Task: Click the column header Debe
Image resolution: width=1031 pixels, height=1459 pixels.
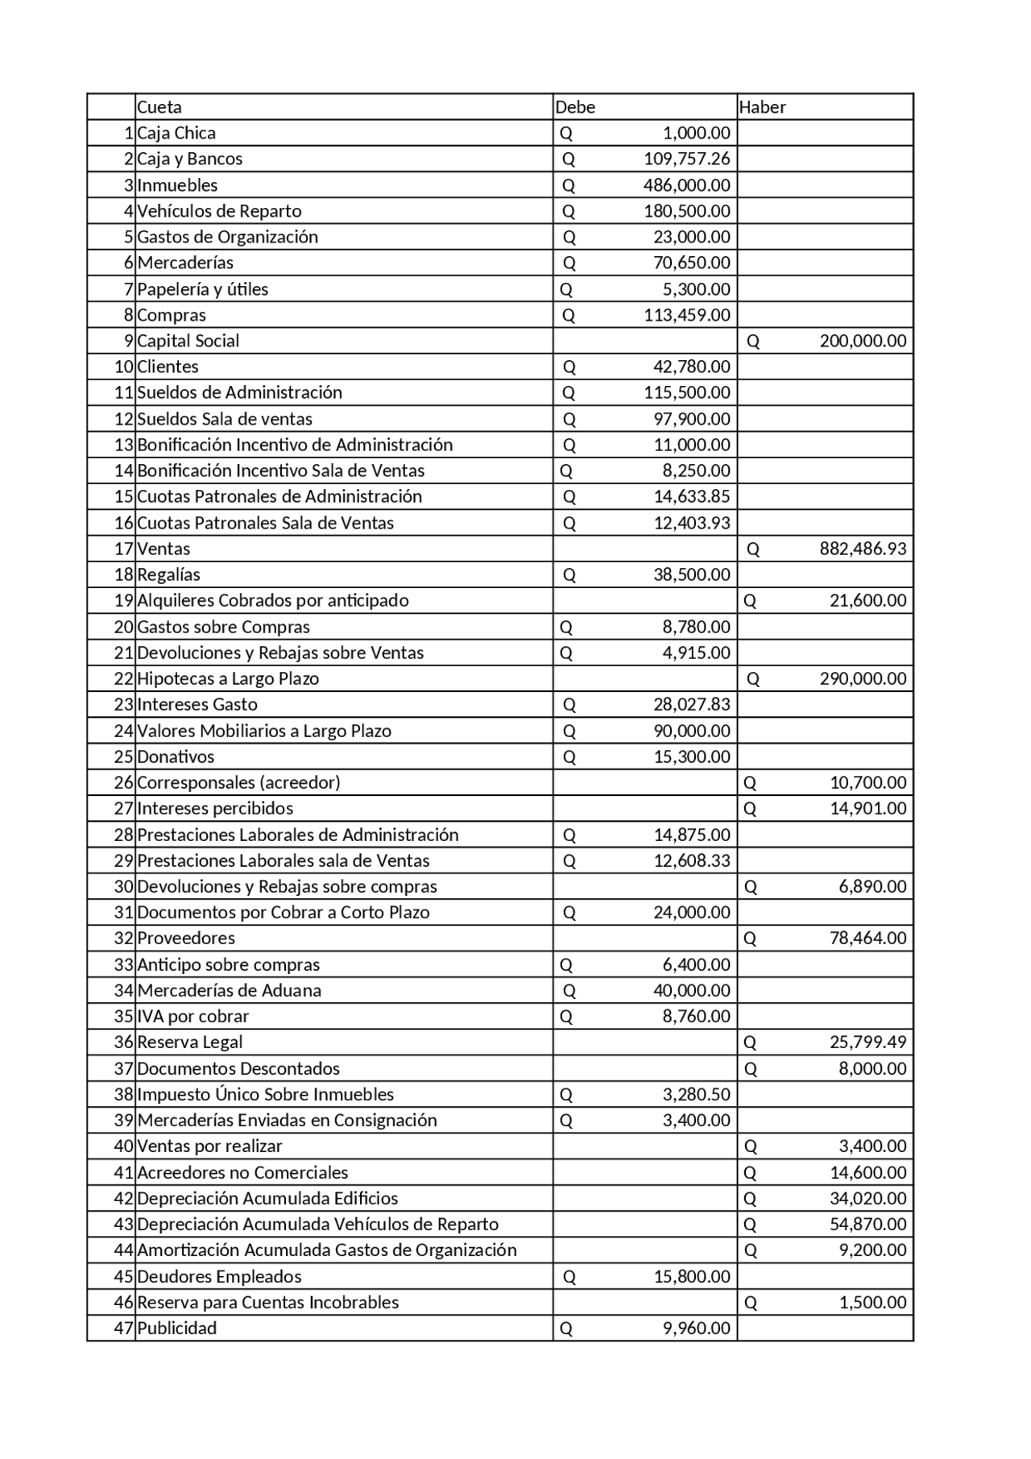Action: (x=575, y=107)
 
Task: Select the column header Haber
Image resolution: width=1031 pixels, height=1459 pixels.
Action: (x=762, y=107)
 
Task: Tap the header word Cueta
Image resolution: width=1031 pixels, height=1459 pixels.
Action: (x=159, y=107)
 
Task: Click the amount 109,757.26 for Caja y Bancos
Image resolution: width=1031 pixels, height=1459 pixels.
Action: (x=686, y=159)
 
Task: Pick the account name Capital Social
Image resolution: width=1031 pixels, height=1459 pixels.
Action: (x=188, y=341)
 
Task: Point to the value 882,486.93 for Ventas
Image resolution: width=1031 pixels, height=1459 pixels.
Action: (x=863, y=549)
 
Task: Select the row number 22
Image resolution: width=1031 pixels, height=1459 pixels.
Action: (x=123, y=678)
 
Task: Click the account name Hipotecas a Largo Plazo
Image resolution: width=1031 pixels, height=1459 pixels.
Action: (x=228, y=678)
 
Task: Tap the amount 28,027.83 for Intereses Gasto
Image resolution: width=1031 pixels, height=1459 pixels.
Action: (x=691, y=704)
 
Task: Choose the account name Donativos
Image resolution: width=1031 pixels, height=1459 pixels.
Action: (x=176, y=756)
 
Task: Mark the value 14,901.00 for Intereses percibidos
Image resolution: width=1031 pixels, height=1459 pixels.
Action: (x=867, y=808)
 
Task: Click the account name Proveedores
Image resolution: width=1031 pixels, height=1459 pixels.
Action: (x=186, y=938)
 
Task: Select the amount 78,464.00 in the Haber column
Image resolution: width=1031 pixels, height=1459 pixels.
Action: (x=867, y=938)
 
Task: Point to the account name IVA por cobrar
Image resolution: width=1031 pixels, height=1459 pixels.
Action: (x=193, y=1016)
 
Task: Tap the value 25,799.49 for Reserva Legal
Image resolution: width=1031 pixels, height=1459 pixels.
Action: (x=867, y=1042)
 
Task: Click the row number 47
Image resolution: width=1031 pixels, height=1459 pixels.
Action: (x=123, y=1328)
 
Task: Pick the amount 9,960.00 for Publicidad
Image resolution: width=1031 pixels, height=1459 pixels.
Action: (x=697, y=1328)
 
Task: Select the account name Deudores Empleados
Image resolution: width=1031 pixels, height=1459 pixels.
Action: (x=219, y=1276)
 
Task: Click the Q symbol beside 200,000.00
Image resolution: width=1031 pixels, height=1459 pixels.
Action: (x=753, y=341)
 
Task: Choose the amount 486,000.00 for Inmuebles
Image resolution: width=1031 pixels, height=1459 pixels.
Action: (x=686, y=185)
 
